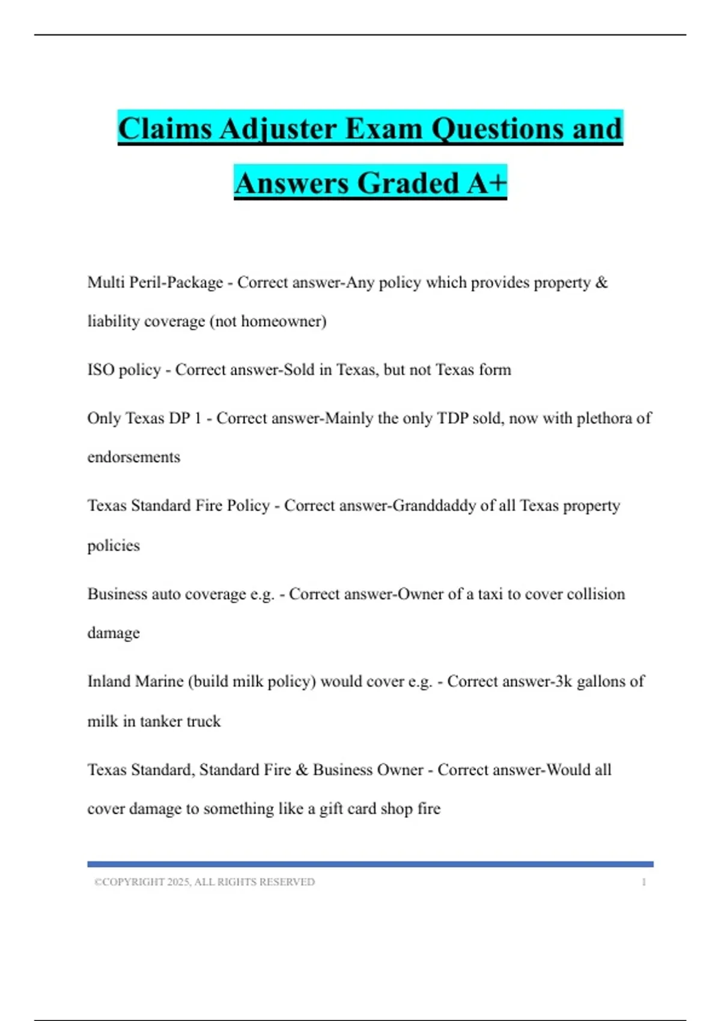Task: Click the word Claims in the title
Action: click(165, 129)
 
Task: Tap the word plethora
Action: click(601, 418)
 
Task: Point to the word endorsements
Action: click(133, 457)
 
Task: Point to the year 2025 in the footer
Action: click(178, 882)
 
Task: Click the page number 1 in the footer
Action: click(643, 882)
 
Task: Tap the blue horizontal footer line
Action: click(370, 864)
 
